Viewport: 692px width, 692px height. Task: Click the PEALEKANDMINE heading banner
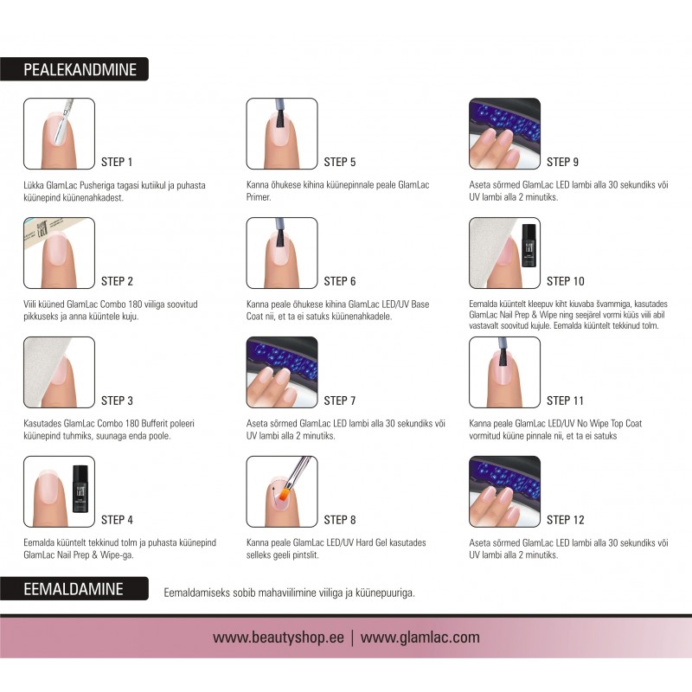pos(74,69)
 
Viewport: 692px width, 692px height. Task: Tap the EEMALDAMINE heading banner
pos(74,589)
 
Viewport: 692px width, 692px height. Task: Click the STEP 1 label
pos(117,162)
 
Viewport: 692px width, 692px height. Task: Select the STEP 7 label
pos(339,400)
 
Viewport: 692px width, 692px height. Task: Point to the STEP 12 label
pos(566,520)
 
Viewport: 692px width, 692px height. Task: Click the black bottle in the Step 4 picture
pos(80,489)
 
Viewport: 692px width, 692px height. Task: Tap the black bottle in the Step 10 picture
pos(529,246)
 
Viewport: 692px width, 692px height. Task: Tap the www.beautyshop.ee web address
pos(278,638)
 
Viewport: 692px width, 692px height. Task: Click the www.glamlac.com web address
pos(420,638)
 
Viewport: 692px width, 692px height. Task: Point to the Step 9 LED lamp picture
pos(504,134)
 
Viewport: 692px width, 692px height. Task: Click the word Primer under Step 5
pos(259,197)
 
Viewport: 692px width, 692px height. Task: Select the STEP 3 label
pos(117,400)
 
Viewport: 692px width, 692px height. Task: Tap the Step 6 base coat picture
pos(282,253)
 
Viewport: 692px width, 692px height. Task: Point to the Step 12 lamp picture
pos(504,491)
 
